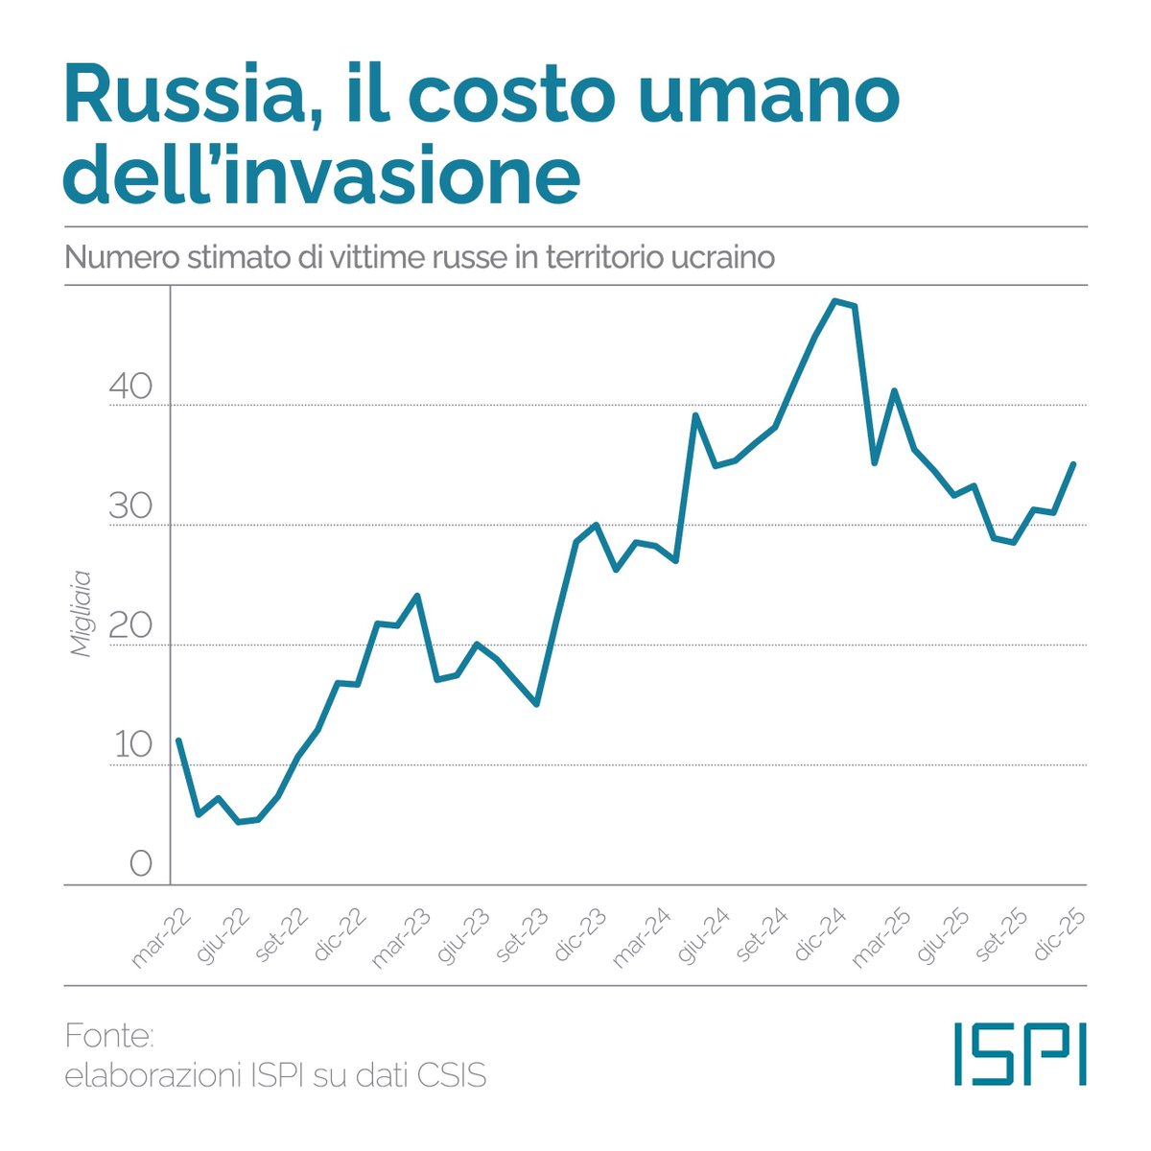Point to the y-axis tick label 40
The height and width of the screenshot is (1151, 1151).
point(130,387)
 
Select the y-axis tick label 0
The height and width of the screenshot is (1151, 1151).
point(140,865)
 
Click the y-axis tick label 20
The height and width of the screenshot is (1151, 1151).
point(130,626)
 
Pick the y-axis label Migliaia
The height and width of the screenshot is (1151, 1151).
point(82,615)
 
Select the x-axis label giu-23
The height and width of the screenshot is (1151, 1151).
point(463,937)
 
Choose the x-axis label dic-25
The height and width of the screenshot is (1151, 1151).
point(1061,937)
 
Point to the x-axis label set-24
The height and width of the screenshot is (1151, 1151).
point(763,937)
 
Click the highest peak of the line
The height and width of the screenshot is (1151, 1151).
point(834,301)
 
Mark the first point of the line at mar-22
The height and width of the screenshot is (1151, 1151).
point(178,740)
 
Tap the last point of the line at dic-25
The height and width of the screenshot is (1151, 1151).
point(1073,464)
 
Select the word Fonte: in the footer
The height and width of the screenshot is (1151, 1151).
point(109,1037)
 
